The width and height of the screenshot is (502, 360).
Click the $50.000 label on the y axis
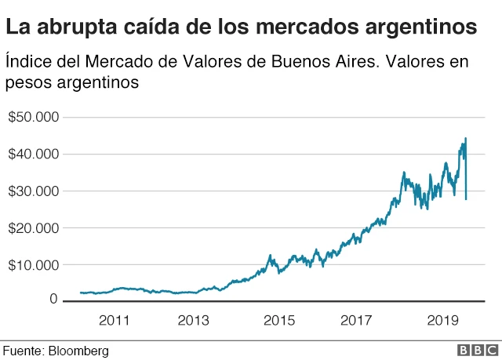(34, 118)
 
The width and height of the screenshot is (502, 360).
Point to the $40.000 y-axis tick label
(34, 155)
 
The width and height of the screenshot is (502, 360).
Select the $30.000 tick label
(34, 191)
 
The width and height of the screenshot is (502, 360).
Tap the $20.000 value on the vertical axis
(34, 228)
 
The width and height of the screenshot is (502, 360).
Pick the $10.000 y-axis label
(34, 265)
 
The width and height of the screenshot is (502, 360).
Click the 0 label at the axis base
(54, 299)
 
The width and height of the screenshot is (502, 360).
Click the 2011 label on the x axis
(114, 320)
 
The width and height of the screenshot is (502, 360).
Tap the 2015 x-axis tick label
(279, 320)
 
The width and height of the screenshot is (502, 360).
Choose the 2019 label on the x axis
(442, 320)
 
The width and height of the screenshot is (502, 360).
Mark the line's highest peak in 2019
(466, 139)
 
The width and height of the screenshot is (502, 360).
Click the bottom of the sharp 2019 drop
(467, 199)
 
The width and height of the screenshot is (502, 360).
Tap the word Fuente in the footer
(21, 351)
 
